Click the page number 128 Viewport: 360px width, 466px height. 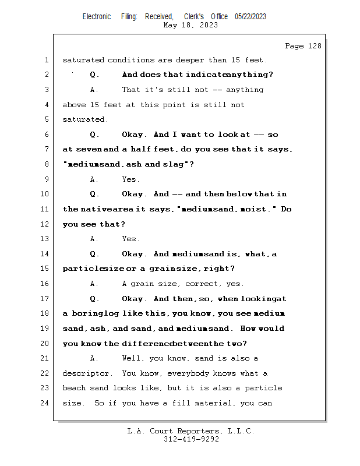pyautogui.click(x=315, y=46)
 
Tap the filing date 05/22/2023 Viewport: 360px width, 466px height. pyautogui.click(x=250, y=17)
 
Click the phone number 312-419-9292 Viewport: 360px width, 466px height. pyautogui.click(x=191, y=439)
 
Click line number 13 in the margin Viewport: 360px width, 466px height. pyautogui.click(x=44, y=239)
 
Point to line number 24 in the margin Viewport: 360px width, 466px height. pyautogui.click(x=44, y=403)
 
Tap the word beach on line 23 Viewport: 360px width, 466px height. pyautogui.click(x=74, y=388)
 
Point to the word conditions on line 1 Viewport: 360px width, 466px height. pyautogui.click(x=131, y=60)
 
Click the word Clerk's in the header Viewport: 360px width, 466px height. pyautogui.click(x=194, y=17)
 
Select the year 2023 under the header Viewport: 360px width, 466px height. pyautogui.click(x=209, y=25)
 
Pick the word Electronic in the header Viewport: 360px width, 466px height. pyautogui.click(x=97, y=17)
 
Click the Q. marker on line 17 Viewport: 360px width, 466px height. pyautogui.click(x=94, y=299)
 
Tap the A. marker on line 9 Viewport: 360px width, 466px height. pyautogui.click(x=94, y=179)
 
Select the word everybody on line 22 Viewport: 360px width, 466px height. pyautogui.click(x=188, y=373)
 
